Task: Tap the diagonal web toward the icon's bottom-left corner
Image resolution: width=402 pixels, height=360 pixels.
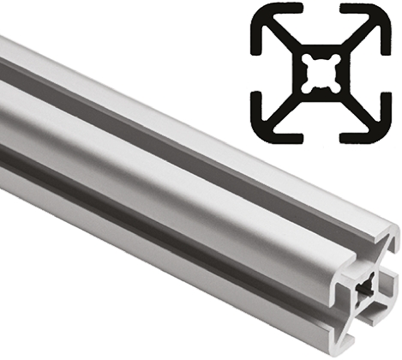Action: coord(286,104)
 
